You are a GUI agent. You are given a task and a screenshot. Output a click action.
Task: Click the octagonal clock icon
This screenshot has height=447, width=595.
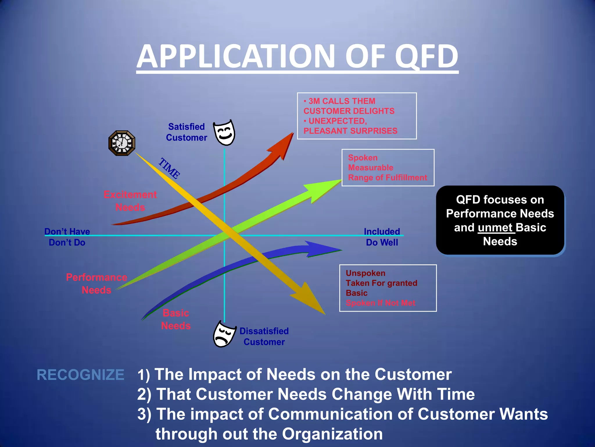[x=122, y=143]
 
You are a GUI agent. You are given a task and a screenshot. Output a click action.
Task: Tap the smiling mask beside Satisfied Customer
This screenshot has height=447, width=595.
[x=224, y=133]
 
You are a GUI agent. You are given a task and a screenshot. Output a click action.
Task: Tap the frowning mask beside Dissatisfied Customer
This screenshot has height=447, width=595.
[x=224, y=334]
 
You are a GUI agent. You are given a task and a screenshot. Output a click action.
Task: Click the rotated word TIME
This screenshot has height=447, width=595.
[x=169, y=168]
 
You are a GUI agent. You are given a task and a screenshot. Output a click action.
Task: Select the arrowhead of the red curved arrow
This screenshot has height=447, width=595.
[x=283, y=145]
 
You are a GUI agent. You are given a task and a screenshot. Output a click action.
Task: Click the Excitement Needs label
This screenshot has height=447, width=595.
[x=130, y=201]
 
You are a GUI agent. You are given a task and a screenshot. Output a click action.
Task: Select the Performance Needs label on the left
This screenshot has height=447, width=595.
[x=96, y=283]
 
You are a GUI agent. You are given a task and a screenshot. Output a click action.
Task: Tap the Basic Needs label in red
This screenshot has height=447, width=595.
[x=176, y=319]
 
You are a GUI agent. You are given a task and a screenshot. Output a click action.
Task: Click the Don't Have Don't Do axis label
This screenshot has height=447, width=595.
[x=67, y=237]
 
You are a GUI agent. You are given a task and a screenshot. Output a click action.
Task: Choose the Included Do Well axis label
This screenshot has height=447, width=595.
[x=382, y=237]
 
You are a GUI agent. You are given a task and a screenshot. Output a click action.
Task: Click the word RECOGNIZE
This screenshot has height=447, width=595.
[x=80, y=375]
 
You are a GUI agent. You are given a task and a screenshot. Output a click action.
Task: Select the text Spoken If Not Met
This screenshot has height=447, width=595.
[x=380, y=303]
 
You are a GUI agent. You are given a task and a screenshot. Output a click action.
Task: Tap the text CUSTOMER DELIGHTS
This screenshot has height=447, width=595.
[x=349, y=111]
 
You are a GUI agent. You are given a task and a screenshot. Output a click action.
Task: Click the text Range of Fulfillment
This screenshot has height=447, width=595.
[x=387, y=178]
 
